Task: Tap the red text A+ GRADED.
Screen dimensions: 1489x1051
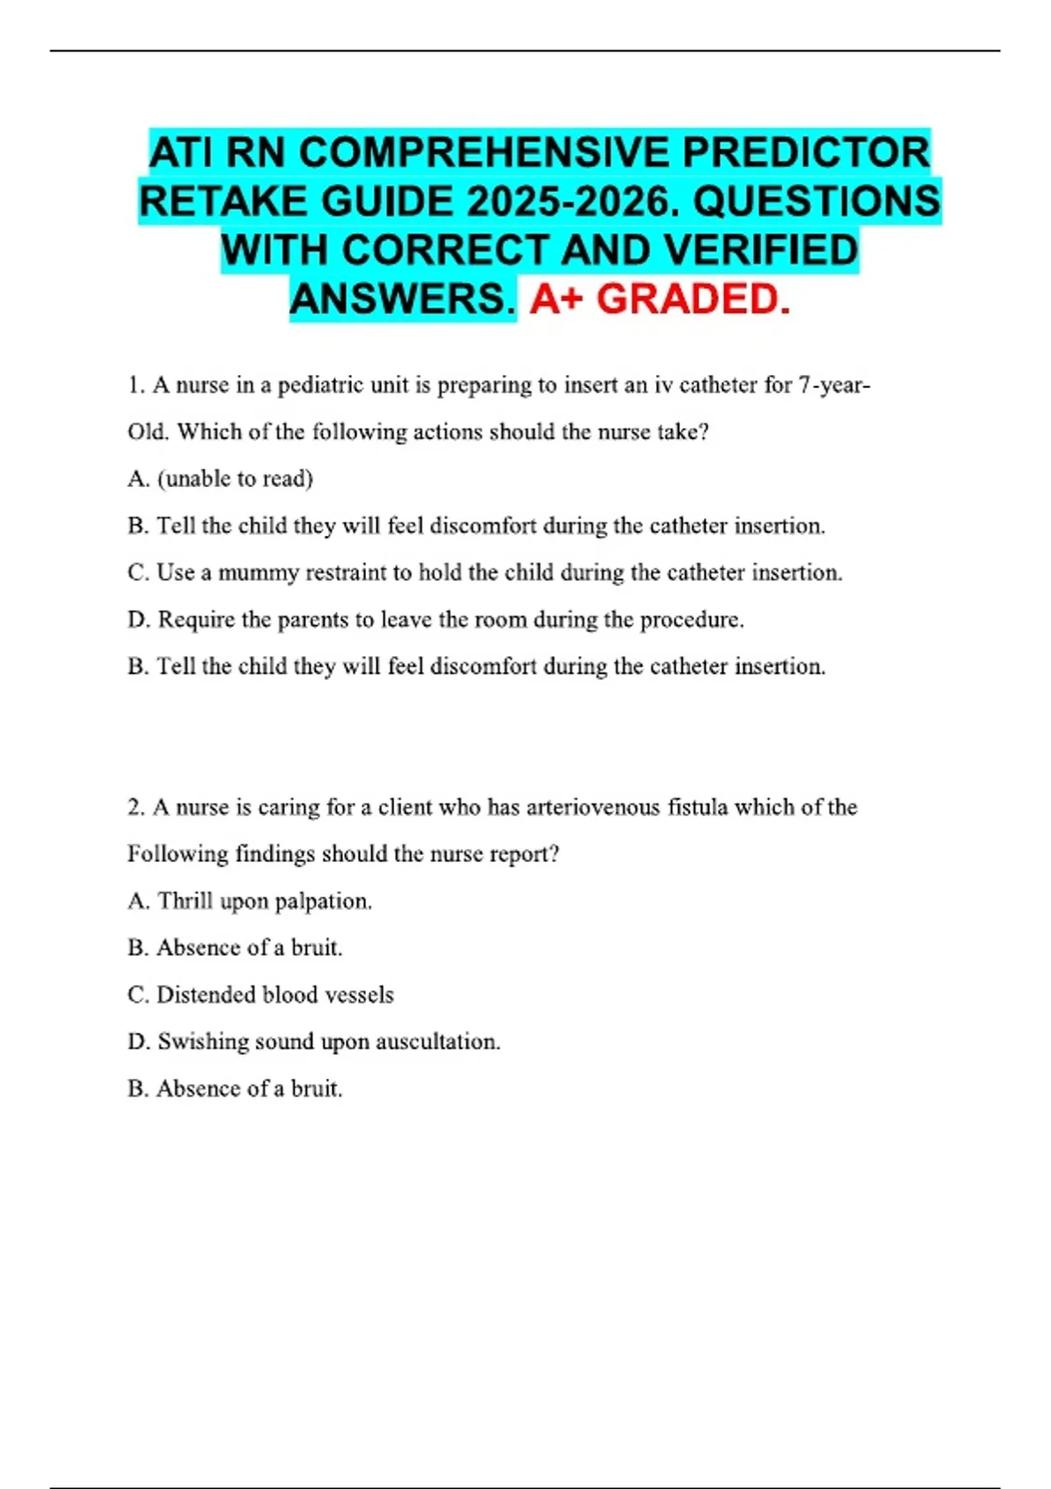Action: tap(660, 300)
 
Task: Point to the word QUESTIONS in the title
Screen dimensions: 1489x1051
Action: tap(816, 202)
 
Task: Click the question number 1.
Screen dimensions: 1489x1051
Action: tap(134, 385)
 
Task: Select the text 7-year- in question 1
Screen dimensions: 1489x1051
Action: tap(835, 385)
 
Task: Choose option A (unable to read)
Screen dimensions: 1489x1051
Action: tap(221, 479)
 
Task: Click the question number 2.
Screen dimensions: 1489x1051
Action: tap(135, 808)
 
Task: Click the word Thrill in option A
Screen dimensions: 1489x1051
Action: tap(185, 901)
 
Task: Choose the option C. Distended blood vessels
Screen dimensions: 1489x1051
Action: tap(261, 995)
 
